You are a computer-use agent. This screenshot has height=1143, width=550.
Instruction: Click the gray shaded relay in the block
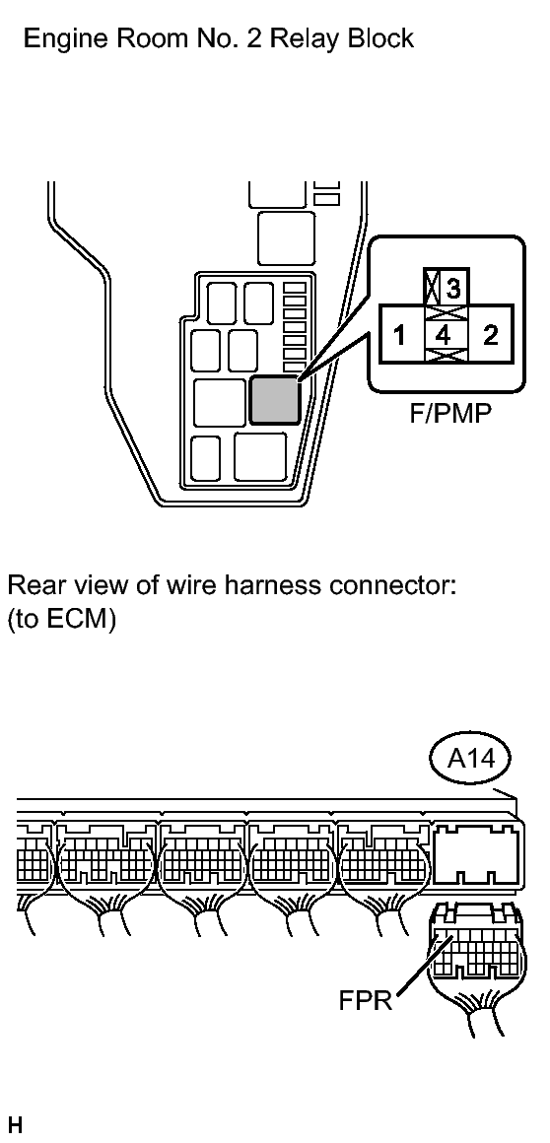[274, 400]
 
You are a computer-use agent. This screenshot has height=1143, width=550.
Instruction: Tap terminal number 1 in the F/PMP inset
[399, 336]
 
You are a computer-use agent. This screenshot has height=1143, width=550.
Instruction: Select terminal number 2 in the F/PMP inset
[491, 335]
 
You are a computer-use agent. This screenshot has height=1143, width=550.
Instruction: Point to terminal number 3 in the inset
[453, 289]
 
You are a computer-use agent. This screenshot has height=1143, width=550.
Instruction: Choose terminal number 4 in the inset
[443, 336]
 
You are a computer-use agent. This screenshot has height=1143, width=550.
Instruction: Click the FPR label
[366, 1000]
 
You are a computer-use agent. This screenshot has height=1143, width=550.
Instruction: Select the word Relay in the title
[306, 37]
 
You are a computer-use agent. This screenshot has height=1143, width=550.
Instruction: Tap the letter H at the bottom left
[15, 1125]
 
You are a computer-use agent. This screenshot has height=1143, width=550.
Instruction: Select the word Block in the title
[378, 37]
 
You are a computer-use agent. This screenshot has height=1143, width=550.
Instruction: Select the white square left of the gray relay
[220, 402]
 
